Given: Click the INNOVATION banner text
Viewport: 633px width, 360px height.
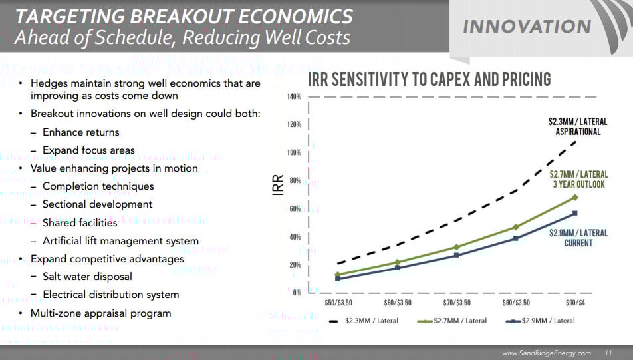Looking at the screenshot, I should point(527,26).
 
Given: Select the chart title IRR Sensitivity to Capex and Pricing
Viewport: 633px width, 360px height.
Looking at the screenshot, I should point(429,80).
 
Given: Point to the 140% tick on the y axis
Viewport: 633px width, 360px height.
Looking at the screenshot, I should point(295,97).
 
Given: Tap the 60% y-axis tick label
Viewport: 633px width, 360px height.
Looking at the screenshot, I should point(296,209).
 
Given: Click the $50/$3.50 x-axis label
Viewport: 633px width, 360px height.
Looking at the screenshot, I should point(338,303).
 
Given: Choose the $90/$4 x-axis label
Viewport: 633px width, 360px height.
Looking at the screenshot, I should point(574,303).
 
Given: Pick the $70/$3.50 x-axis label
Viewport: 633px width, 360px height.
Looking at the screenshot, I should point(456,303).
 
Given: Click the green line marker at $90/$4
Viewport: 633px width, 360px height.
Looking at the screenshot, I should point(574,198).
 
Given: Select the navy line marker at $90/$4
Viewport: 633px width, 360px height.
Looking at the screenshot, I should point(574,213).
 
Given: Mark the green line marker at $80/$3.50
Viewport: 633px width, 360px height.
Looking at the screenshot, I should point(515,227).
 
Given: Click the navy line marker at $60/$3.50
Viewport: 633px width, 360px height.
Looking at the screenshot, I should point(397,268).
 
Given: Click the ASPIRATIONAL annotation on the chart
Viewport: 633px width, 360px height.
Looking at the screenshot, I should point(578,132).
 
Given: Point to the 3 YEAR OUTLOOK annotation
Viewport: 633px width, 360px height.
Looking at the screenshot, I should point(578,184).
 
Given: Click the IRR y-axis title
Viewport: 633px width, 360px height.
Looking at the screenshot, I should point(279,184).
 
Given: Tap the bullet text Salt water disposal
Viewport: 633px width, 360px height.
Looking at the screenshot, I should point(87,276).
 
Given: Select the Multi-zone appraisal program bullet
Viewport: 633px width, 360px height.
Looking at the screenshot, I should point(100,313).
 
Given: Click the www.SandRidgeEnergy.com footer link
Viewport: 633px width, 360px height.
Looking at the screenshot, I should point(546,353).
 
